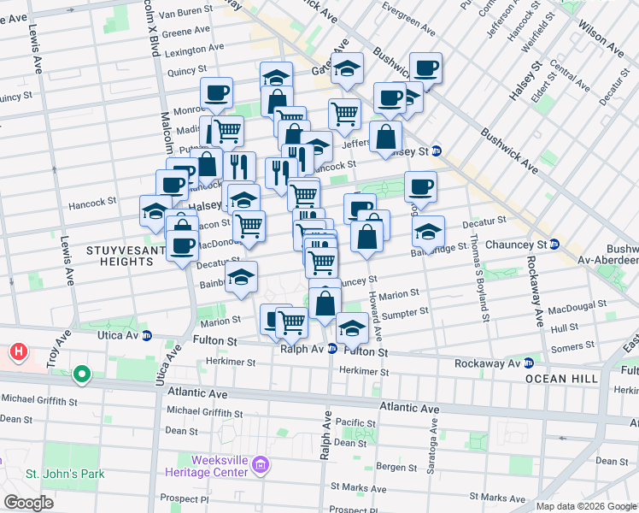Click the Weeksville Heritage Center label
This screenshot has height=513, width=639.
point(208,466)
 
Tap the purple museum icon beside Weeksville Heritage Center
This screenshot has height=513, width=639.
point(261,466)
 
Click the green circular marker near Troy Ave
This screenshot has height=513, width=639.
point(82,374)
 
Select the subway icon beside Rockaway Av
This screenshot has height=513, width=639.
point(529,363)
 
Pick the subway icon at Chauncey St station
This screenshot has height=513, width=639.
point(554,245)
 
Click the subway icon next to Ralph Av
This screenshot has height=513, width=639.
point(332,349)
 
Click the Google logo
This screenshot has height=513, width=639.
point(28,503)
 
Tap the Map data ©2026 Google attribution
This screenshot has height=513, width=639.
point(586,506)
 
